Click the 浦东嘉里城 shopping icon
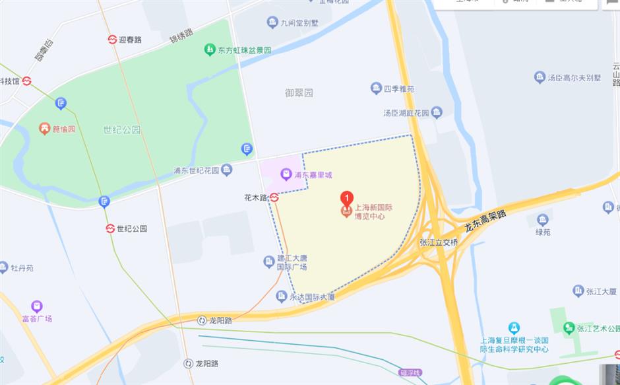pos(286,175)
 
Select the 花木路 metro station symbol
pos(274,197)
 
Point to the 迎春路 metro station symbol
pos(112,39)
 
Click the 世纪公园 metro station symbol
pos(110,228)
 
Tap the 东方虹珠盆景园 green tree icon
pos(209,49)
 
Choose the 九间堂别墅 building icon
pos(272,23)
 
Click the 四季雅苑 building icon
pos(376,88)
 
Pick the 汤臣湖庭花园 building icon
pos(436,112)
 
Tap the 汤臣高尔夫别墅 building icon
pos(540,77)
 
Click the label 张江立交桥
pos(439,242)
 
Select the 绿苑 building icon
pos(543,220)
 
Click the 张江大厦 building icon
pos(578,291)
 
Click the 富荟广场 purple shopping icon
pos(36,306)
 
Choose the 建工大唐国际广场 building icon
pos(269,262)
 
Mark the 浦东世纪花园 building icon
pos(227,170)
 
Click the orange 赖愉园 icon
pos(45,129)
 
